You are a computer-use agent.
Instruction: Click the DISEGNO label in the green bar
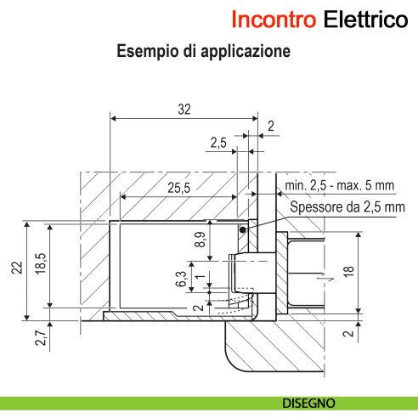(x=309, y=402)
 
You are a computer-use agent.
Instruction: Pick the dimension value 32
(x=184, y=109)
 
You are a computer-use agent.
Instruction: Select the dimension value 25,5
(x=178, y=186)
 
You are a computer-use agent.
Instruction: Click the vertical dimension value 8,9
(x=201, y=240)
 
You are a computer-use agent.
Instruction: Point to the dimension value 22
(x=16, y=268)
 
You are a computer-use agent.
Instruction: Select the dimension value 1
(x=198, y=277)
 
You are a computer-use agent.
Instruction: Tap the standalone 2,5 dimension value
(x=217, y=144)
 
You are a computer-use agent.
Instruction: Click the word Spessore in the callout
(x=315, y=206)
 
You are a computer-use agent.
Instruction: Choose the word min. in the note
(x=299, y=185)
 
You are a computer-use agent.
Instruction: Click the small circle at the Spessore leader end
(x=244, y=229)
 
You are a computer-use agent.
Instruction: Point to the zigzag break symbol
(x=319, y=276)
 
